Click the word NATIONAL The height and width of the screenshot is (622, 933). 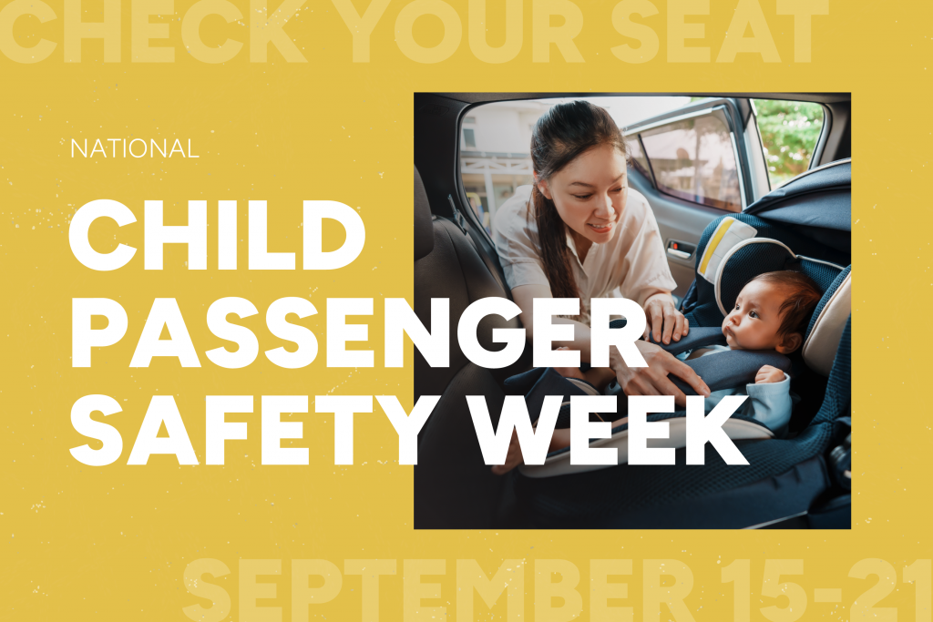point(134,148)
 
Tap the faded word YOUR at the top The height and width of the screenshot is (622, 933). point(461,32)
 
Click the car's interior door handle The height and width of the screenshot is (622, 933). point(678,247)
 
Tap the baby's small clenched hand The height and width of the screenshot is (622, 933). point(769,373)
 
